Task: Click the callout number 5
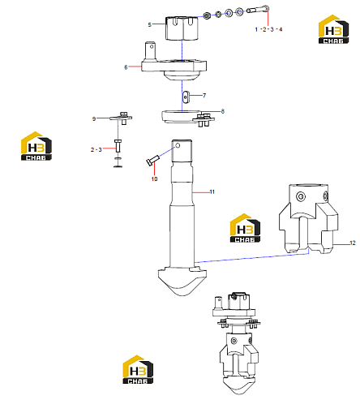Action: coord(149,25)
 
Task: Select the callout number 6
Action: coord(126,67)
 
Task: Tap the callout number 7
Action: coord(204,96)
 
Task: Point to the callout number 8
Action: coord(222,111)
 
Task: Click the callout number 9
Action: coord(94,118)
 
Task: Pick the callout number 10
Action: coord(154,179)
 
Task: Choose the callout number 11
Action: coord(212,192)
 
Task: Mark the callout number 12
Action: coord(353,243)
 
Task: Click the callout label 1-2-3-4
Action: coord(268,29)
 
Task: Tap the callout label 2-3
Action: coord(96,149)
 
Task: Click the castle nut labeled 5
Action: coord(182,28)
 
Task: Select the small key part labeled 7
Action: coord(186,97)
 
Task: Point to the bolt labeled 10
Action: coord(152,160)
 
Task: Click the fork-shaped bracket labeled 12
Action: coord(308,219)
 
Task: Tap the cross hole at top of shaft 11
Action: coord(178,145)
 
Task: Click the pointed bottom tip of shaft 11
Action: coord(182,295)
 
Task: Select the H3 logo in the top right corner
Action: coord(333,29)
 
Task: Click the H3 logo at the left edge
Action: coord(36,146)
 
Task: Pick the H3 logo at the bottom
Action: coord(138,369)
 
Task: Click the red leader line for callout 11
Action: coord(201,192)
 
